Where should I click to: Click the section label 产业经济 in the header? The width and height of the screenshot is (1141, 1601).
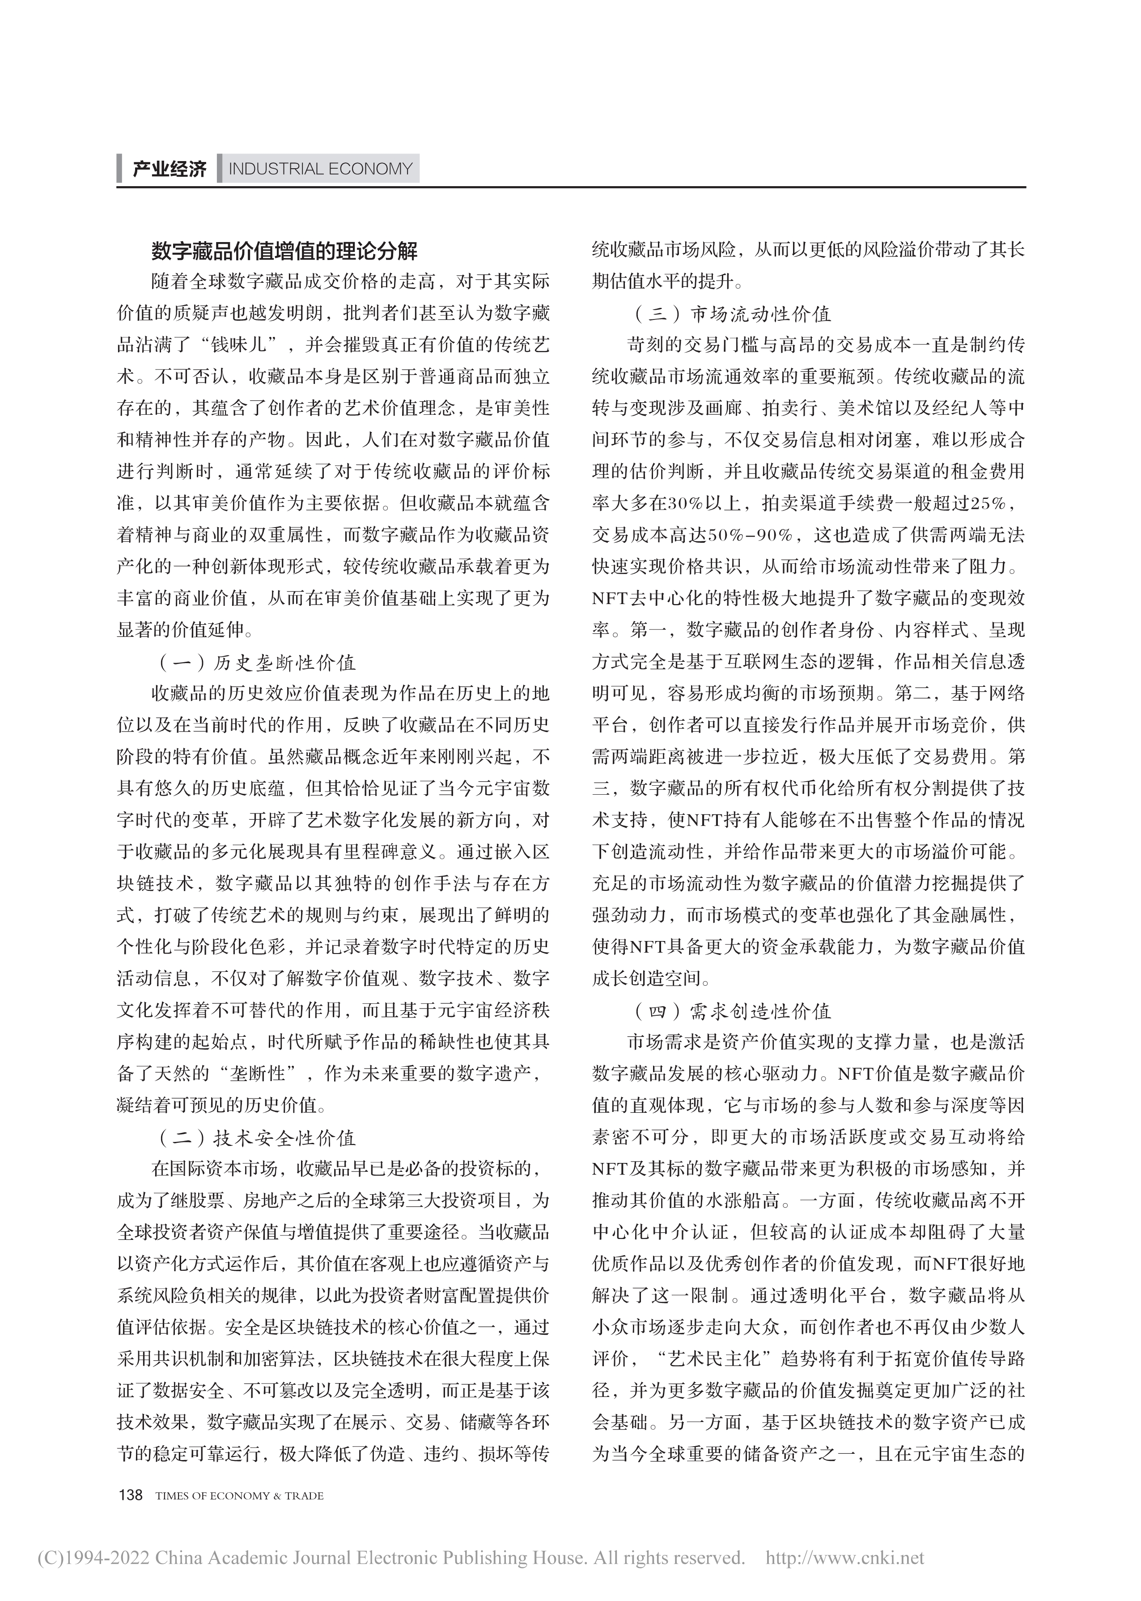pos(170,170)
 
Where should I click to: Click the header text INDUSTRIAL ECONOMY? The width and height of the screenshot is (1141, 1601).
pos(320,170)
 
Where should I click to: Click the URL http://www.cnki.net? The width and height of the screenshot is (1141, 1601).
pos(844,1558)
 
